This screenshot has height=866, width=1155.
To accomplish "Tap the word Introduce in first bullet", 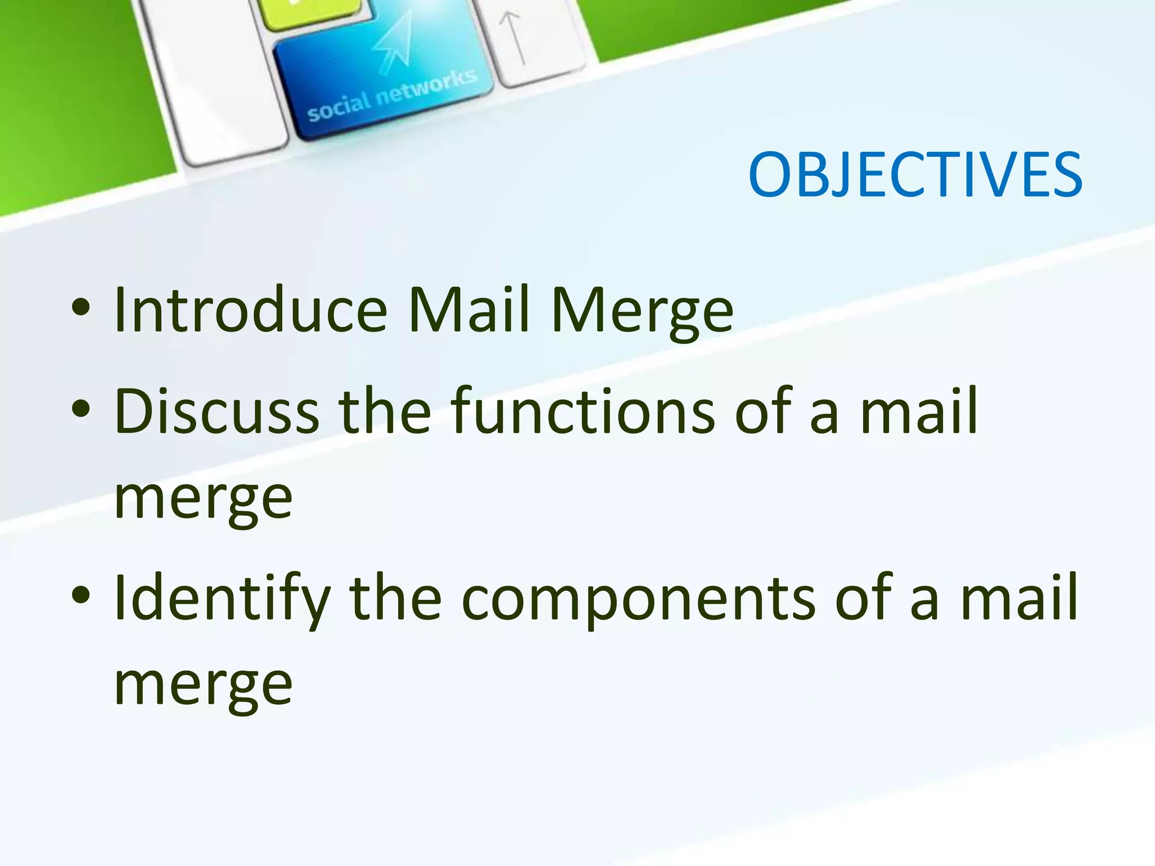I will point(250,310).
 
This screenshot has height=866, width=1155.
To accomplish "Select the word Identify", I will point(222,599).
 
